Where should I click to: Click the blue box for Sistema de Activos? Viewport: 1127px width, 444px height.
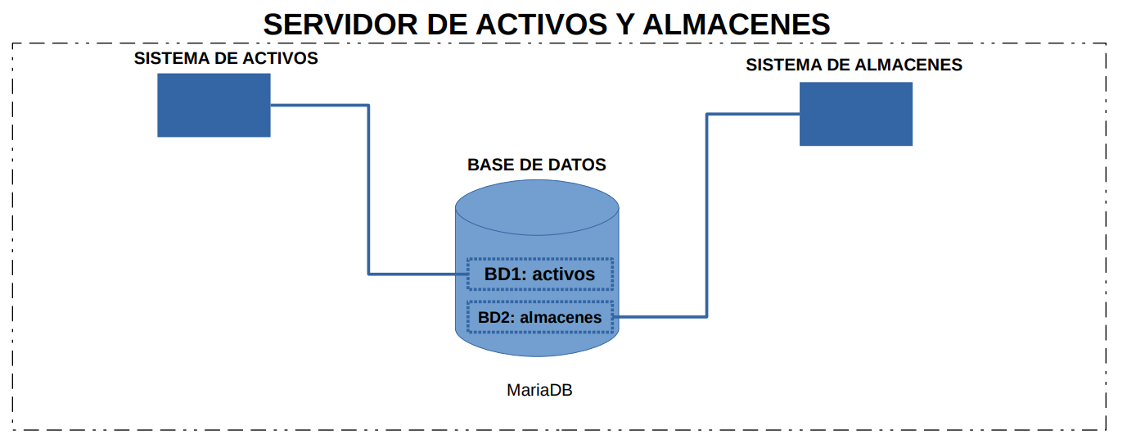coord(214,105)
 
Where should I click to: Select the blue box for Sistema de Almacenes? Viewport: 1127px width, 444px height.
coord(856,114)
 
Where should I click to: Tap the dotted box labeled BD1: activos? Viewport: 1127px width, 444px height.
coord(540,274)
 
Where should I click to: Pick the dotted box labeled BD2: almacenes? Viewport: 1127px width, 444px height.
coord(540,317)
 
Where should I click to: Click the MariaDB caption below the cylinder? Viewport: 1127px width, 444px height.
coord(539,390)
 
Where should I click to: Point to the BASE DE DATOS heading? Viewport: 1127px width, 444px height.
coord(537,165)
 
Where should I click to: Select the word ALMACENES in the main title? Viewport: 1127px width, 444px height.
coord(737,24)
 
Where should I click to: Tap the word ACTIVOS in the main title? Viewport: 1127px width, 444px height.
coord(541,24)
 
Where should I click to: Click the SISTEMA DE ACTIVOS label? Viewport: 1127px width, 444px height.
coord(226,58)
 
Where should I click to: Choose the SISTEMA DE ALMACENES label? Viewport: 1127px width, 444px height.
coord(854,65)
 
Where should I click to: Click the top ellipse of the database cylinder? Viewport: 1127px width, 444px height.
coord(537,207)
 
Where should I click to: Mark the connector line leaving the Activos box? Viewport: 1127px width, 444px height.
coord(369,190)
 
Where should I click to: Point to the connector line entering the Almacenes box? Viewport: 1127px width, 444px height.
coord(707,215)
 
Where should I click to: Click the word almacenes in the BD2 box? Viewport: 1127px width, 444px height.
coord(561,318)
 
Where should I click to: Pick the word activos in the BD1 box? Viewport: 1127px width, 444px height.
coord(563,274)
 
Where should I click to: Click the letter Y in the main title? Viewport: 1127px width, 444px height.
coord(625,24)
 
